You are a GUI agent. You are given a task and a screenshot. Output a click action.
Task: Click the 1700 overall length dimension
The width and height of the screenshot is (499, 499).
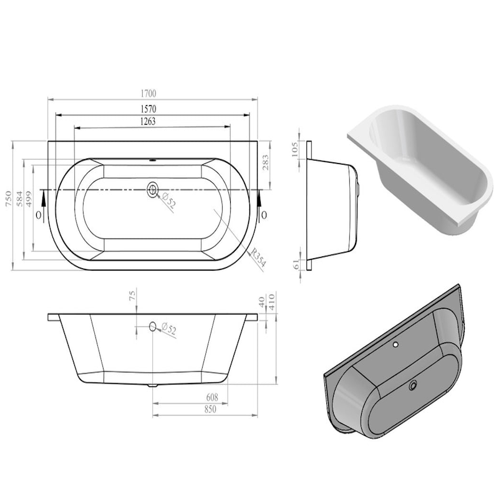[148, 93]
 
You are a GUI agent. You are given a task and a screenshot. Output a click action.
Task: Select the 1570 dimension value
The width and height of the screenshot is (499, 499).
[148, 109]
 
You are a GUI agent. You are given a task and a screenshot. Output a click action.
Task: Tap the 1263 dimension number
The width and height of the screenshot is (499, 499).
[148, 121]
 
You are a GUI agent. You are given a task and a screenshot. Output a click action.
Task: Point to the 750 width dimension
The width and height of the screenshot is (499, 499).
[9, 199]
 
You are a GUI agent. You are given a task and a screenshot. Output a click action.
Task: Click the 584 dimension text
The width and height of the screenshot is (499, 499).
[20, 199]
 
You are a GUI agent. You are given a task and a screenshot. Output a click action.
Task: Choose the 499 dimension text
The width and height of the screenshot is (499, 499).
[29, 199]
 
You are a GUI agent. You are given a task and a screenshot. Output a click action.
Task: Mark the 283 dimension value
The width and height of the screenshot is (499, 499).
[266, 162]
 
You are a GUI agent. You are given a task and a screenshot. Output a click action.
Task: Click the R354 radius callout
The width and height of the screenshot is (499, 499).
[258, 258]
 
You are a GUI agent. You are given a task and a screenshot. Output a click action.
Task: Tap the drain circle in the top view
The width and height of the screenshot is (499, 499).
[153, 190]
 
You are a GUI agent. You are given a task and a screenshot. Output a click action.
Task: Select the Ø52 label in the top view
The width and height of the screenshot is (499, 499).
[168, 201]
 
